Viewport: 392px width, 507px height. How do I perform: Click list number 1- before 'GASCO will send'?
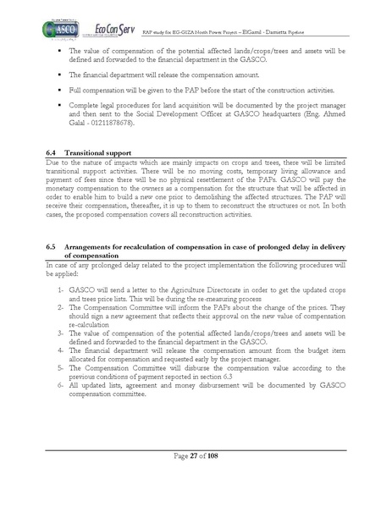click(x=61, y=290)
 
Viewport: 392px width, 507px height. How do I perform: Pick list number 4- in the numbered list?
click(x=61, y=347)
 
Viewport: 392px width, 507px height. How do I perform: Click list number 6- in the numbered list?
click(x=61, y=386)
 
